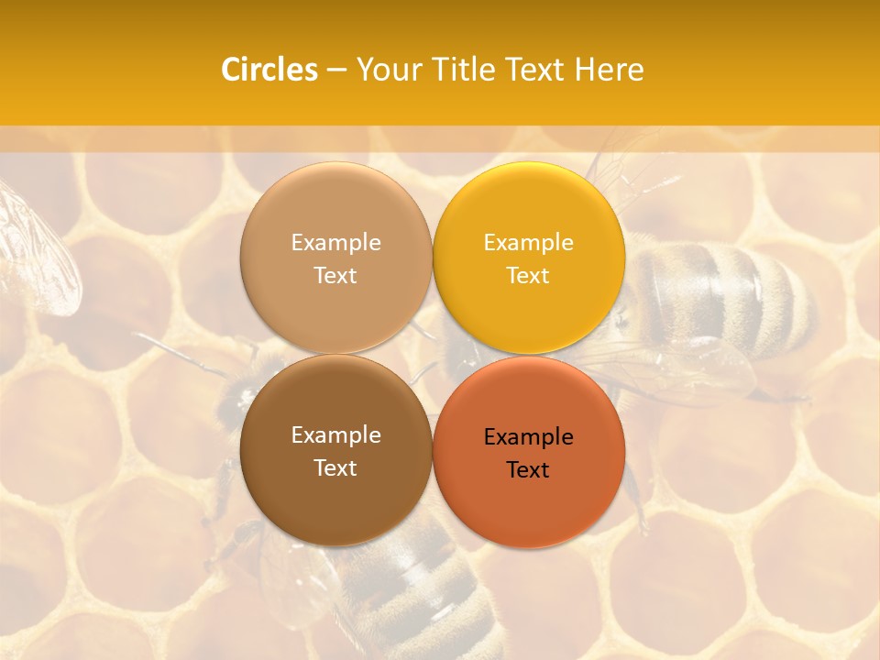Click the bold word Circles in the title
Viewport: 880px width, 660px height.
pos(269,70)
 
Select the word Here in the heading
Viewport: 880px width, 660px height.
pos(610,70)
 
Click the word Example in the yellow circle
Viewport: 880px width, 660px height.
pos(528,243)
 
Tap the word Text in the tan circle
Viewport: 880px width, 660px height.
pos(335,276)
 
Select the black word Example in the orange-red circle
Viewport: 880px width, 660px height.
pos(528,437)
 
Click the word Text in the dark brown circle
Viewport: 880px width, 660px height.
pos(335,468)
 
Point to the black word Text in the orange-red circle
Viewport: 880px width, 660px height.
pos(528,470)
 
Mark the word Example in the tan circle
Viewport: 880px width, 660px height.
pos(335,243)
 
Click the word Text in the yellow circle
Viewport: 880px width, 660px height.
pos(528,276)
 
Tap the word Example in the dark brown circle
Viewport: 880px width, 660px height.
pos(335,435)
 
